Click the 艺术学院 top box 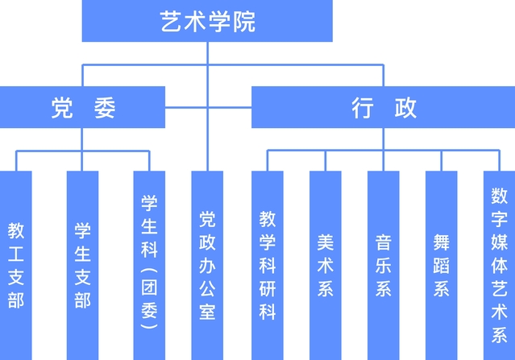[207, 22]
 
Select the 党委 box [83, 107]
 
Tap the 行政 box [383, 107]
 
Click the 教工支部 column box [16, 265]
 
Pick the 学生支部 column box [82, 265]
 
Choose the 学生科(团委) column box [149, 265]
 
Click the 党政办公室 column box [207, 265]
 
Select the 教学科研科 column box [268, 265]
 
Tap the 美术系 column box [326, 265]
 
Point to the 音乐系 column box [384, 265]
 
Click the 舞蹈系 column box [442, 265]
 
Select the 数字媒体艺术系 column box [499, 265]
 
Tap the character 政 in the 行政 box [405, 108]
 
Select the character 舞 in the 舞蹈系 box [442, 242]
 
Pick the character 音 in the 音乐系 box [384, 242]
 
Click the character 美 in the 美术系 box [326, 242]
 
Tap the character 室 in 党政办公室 [207, 312]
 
